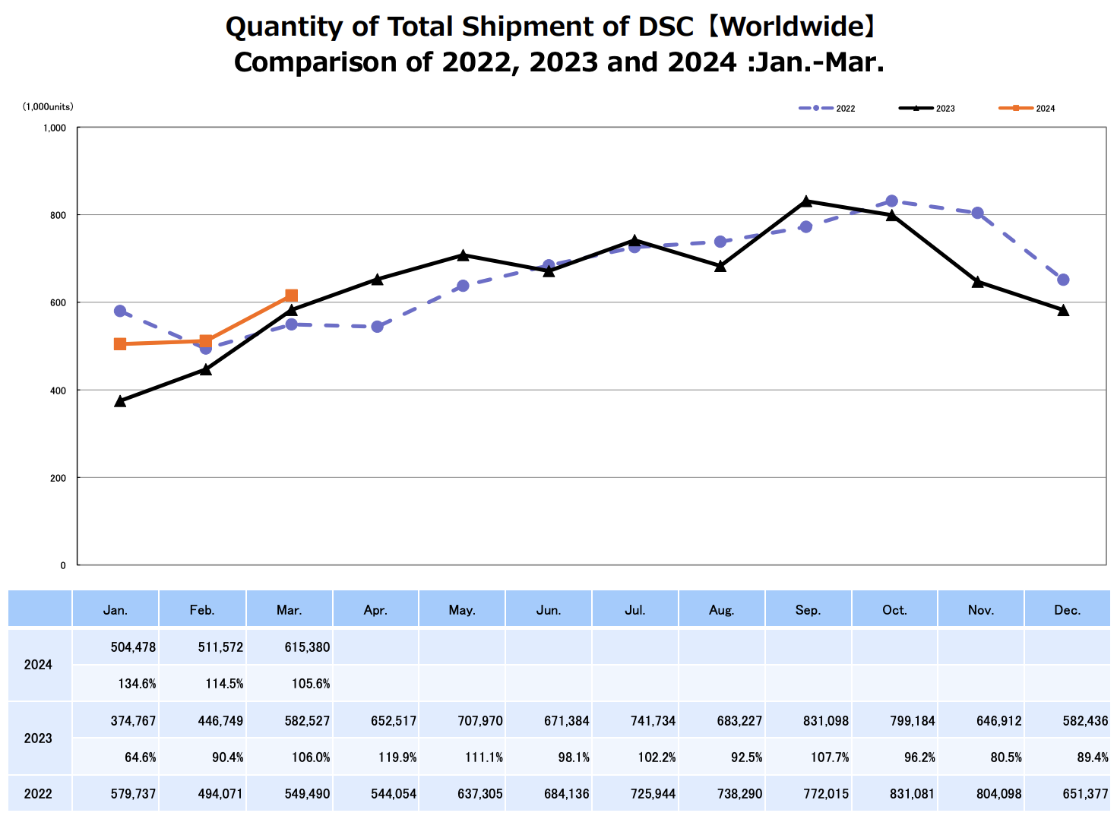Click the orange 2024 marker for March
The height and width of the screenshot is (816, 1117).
tap(292, 296)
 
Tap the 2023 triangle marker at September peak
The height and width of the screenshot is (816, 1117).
tap(806, 201)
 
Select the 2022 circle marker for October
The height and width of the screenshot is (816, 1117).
tap(892, 201)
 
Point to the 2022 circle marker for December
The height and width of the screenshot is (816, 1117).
tap(1063, 280)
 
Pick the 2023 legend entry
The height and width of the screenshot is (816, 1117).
tap(927, 109)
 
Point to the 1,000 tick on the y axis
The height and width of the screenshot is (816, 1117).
tap(55, 128)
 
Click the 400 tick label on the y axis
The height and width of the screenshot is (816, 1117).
tap(59, 391)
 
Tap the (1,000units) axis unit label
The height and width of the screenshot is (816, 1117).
tap(48, 107)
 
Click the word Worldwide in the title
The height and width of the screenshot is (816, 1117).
tap(791, 27)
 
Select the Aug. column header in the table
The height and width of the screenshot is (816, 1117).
tap(721, 610)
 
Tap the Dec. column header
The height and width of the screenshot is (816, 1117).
tap(1067, 610)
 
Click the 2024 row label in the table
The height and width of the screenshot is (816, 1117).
tap(38, 665)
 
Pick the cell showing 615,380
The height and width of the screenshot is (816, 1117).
tap(311, 647)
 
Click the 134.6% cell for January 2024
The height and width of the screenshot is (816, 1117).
tap(137, 684)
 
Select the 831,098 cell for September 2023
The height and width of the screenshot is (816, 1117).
tap(825, 721)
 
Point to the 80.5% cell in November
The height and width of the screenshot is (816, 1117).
tap(1004, 757)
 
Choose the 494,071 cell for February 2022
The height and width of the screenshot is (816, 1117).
tap(220, 794)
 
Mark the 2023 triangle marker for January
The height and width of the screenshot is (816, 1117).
tap(120, 400)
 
